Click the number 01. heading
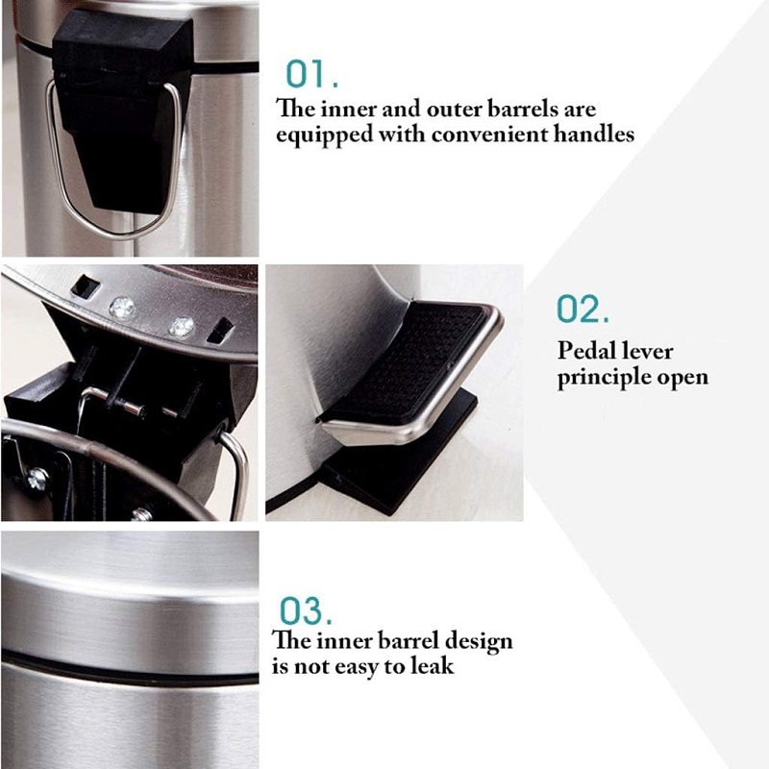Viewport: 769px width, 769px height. (311, 74)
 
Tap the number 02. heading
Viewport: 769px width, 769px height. (583, 309)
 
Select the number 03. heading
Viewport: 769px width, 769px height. (306, 610)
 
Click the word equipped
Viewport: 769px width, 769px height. (325, 136)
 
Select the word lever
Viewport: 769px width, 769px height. (648, 351)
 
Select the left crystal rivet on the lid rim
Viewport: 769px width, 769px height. (121, 308)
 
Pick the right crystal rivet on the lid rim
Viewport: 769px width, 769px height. (182, 326)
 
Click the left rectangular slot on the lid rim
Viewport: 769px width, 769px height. (85, 286)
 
